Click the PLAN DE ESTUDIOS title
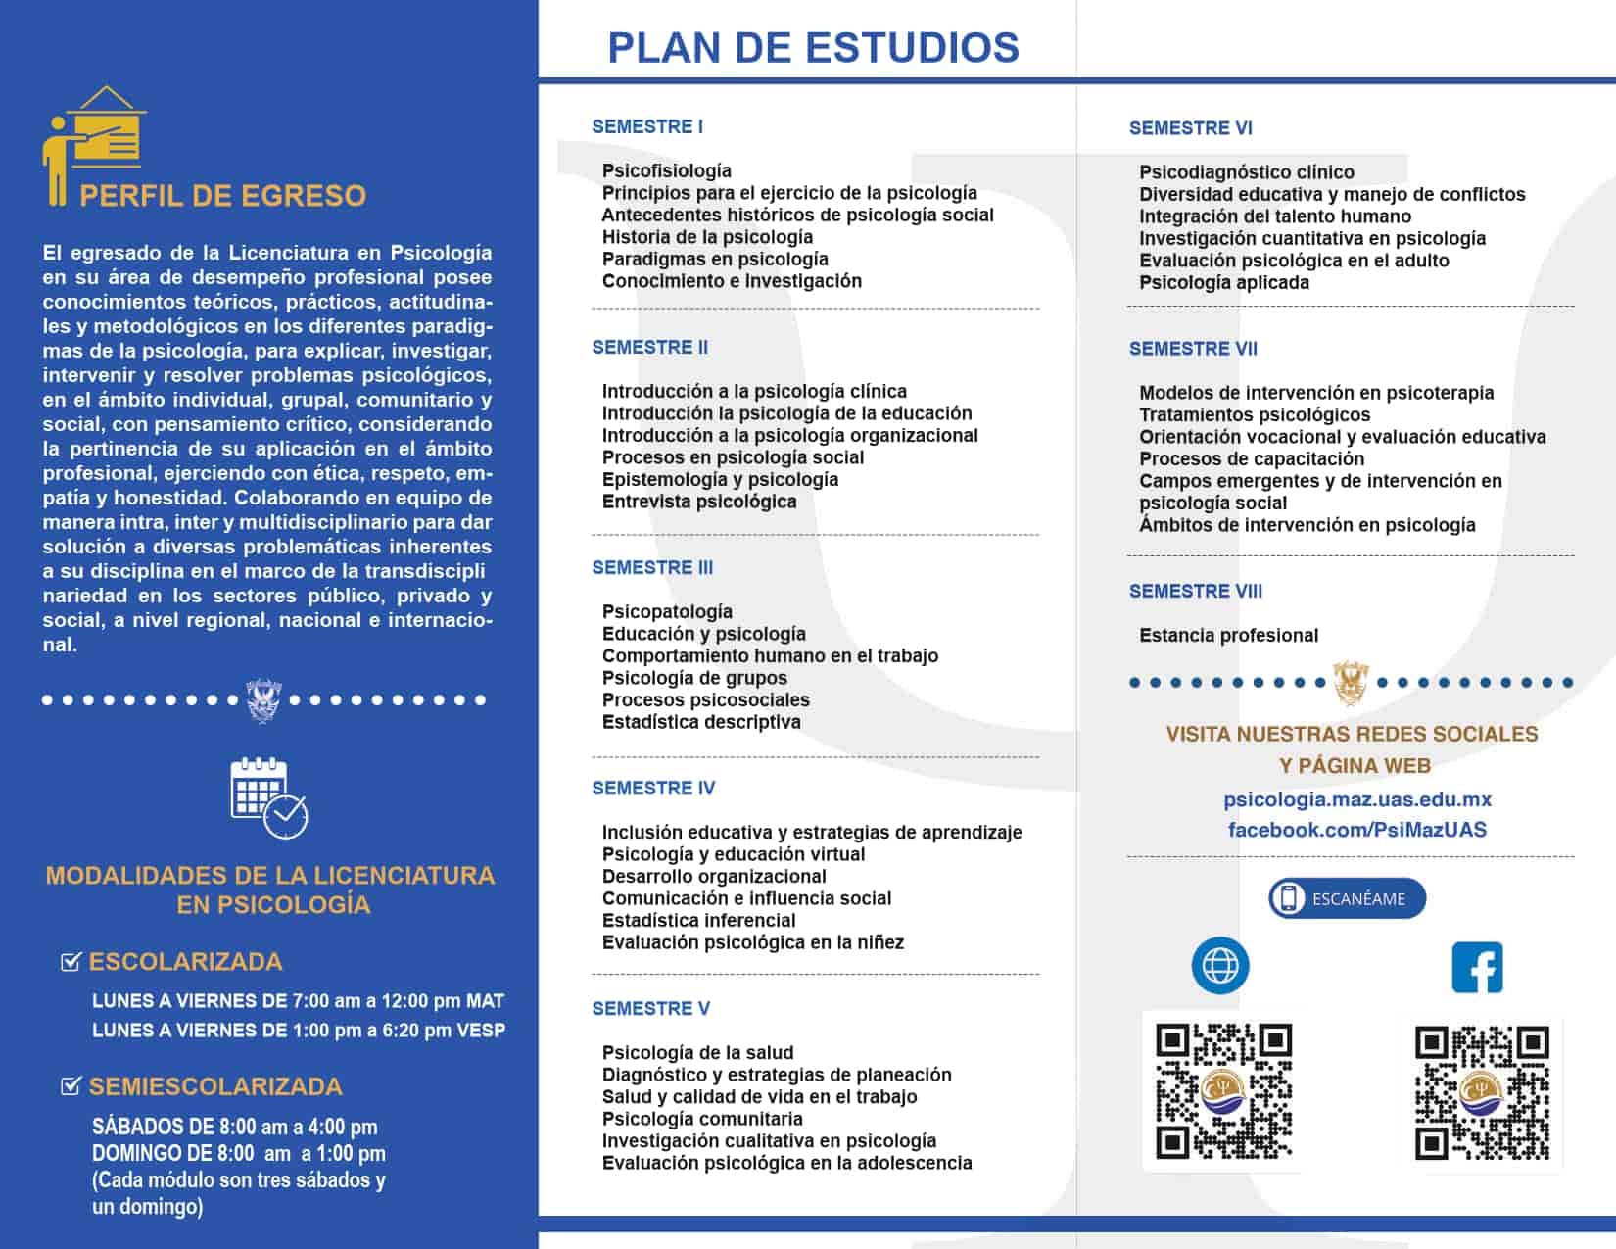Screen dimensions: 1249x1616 (x=813, y=47)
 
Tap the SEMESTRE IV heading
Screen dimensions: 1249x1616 (x=653, y=788)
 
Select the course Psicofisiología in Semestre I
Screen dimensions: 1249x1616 (x=666, y=170)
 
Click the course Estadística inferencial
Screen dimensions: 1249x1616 (x=698, y=920)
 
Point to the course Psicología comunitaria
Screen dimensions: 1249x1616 (x=702, y=1119)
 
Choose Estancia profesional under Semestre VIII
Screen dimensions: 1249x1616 (x=1228, y=635)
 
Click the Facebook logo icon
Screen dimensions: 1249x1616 (x=1477, y=967)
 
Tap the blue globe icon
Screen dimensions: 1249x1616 (x=1220, y=966)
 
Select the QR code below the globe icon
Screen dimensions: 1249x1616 (x=1224, y=1090)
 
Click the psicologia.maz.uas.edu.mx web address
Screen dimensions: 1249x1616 (x=1357, y=799)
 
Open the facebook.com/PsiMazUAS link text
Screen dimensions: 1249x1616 (x=1356, y=830)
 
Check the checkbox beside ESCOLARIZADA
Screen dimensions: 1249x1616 (x=71, y=962)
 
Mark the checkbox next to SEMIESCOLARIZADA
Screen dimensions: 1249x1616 (x=71, y=1085)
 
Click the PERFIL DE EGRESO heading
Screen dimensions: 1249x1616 (x=222, y=196)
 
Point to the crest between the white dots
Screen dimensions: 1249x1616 (x=262, y=699)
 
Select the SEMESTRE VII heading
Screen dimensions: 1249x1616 (x=1193, y=349)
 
